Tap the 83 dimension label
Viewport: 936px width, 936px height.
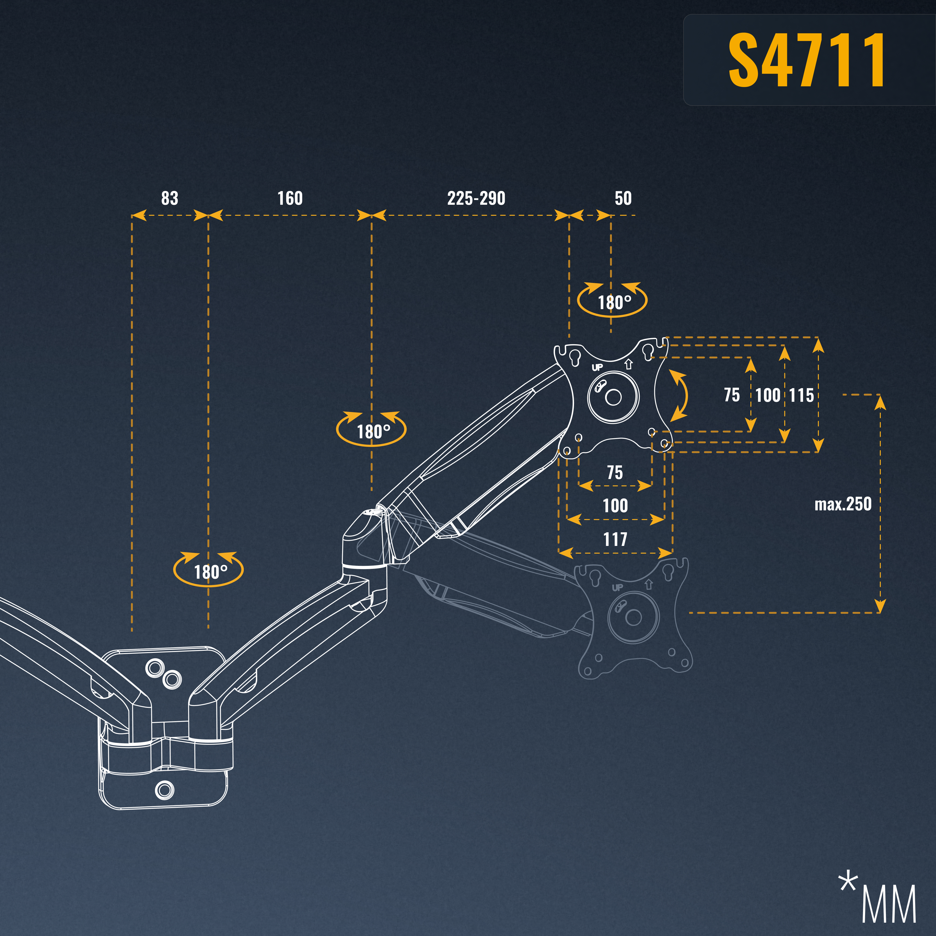pyautogui.click(x=170, y=198)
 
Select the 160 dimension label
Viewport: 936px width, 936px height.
pyautogui.click(x=290, y=198)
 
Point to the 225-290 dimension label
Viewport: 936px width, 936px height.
pyautogui.click(x=476, y=198)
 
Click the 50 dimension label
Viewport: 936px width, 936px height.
pyautogui.click(x=623, y=198)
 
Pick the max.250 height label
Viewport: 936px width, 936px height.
pyautogui.click(x=843, y=504)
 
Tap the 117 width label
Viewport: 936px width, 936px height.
pyautogui.click(x=615, y=539)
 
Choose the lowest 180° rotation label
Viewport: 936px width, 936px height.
pyautogui.click(x=211, y=572)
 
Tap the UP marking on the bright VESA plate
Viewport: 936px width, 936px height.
pyautogui.click(x=597, y=367)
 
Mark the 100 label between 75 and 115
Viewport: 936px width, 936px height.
pyautogui.click(x=768, y=395)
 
